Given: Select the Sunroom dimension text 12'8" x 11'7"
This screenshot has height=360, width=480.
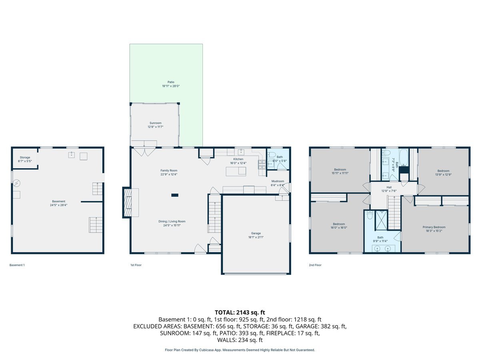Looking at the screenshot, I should [155, 127].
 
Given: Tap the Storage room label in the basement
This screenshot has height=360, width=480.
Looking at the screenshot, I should [25, 158].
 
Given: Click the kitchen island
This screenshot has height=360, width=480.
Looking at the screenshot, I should [236, 171].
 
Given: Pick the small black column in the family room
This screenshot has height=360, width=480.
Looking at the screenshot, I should [175, 195].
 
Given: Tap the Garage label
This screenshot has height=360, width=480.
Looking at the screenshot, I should [256, 233].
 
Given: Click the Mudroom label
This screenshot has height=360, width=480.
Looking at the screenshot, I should [278, 181].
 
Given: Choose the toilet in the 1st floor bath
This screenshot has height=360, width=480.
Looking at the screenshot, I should [271, 155].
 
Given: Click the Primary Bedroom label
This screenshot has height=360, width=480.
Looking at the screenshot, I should [434, 227].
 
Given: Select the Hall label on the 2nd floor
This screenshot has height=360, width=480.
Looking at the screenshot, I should [389, 187].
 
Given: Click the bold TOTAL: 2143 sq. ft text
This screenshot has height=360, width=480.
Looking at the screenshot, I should [240, 312].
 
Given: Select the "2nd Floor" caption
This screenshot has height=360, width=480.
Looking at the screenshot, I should [315, 265].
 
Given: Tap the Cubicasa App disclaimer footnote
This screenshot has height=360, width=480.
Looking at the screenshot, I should [240, 350].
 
